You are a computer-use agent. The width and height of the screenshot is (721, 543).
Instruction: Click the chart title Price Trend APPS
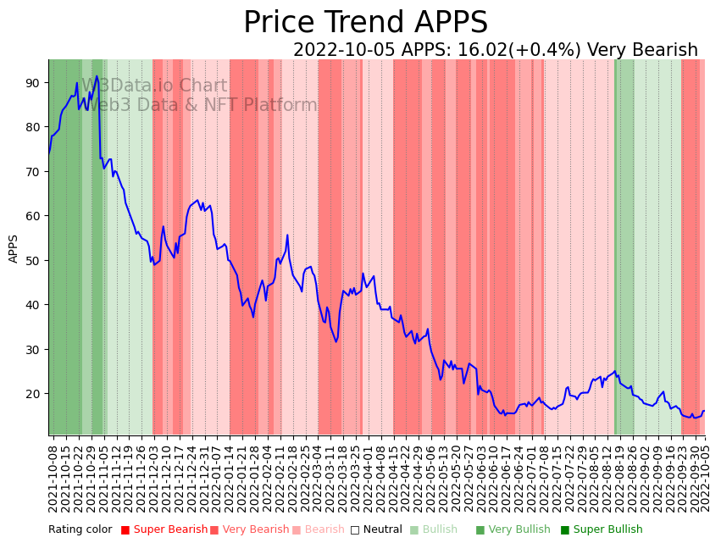[x=365, y=23]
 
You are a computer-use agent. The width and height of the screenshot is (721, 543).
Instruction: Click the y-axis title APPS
[x=14, y=248]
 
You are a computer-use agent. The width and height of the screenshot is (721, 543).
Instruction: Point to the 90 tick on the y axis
[x=33, y=82]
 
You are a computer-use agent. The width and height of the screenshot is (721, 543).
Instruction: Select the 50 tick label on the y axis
[x=33, y=260]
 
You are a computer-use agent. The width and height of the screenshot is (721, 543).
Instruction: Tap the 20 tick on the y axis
[x=33, y=393]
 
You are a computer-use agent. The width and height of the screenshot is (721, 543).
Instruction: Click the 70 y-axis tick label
[x=33, y=171]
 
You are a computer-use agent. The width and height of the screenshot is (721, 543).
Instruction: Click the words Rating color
[x=80, y=529]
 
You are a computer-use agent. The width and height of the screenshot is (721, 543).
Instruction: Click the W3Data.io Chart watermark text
[x=154, y=86]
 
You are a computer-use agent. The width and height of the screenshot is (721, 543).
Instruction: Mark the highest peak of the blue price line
[x=97, y=76]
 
